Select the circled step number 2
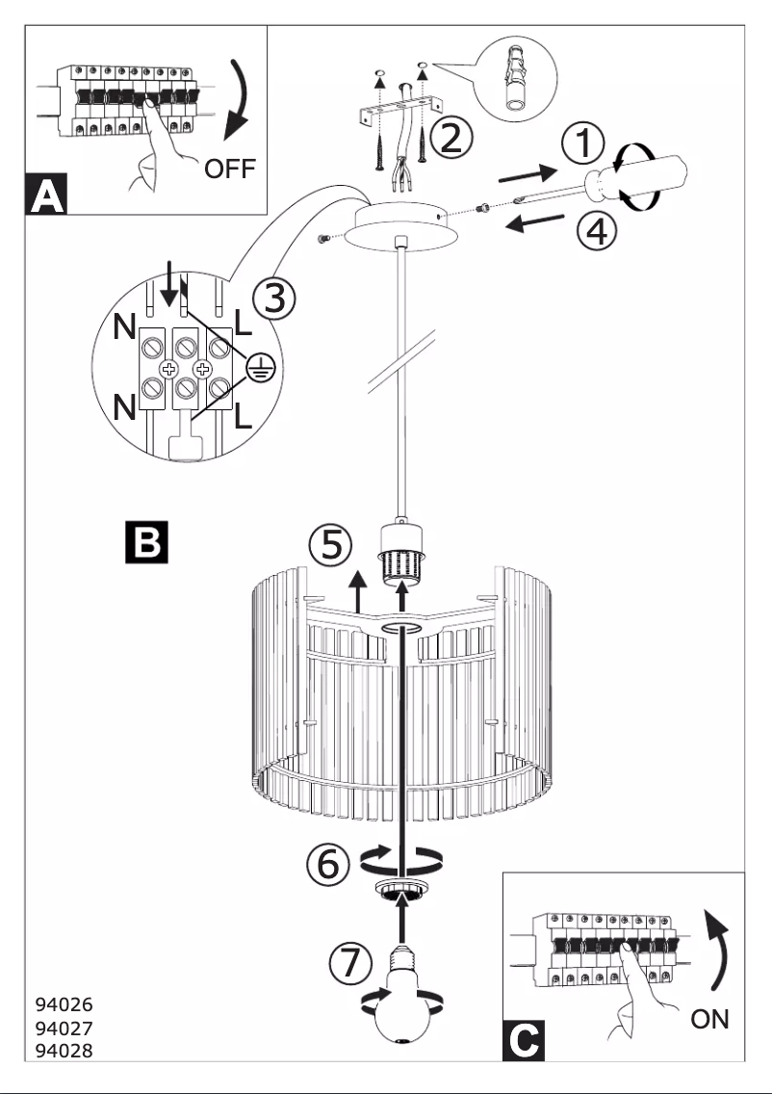click(450, 138)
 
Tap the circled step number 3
click(274, 300)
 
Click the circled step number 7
click(348, 962)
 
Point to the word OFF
click(230, 170)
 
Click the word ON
click(709, 1019)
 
